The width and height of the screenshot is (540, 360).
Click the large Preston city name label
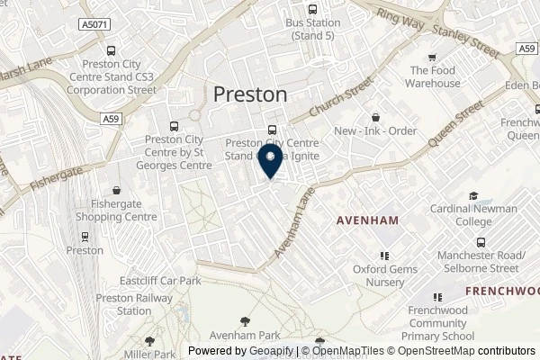(x=251, y=94)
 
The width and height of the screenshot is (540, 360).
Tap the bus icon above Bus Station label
(x=316, y=7)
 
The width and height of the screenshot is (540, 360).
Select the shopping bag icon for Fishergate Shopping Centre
(x=117, y=191)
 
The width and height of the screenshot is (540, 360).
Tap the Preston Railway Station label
(x=122, y=304)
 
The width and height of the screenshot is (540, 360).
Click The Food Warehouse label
(x=436, y=76)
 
